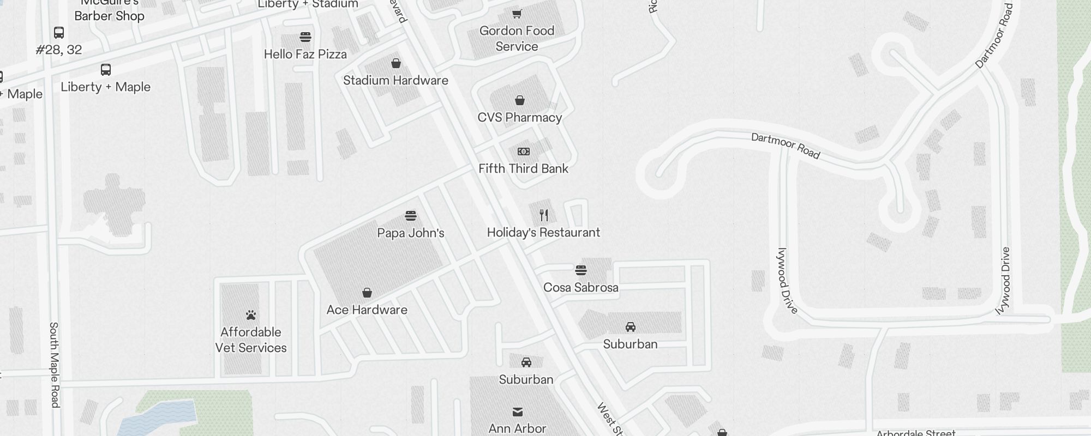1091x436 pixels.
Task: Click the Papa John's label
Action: click(x=410, y=233)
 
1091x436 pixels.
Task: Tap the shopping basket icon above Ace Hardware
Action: click(x=367, y=293)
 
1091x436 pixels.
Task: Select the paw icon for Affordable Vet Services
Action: click(x=251, y=315)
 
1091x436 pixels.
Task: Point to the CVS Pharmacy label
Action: click(x=519, y=118)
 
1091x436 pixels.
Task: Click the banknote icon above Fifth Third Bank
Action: click(x=524, y=152)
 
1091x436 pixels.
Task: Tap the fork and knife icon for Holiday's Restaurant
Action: click(x=544, y=215)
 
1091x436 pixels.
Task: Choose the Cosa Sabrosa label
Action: click(x=580, y=288)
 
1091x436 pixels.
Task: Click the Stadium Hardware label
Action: click(x=395, y=81)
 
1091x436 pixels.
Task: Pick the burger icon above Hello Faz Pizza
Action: click(x=305, y=37)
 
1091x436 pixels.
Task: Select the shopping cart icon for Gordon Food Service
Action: click(x=517, y=14)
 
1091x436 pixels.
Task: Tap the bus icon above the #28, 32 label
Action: click(x=59, y=33)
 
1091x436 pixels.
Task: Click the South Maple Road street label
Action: click(x=54, y=365)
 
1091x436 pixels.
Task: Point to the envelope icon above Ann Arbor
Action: click(x=518, y=411)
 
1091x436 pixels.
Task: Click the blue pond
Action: click(x=158, y=417)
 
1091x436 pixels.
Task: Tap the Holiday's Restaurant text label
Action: click(x=543, y=233)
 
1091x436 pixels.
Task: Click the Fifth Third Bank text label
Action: click(x=523, y=169)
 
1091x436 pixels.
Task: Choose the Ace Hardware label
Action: click(x=367, y=310)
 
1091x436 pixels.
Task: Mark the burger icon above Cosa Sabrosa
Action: click(x=581, y=270)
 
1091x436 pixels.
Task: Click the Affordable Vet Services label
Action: click(x=251, y=340)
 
